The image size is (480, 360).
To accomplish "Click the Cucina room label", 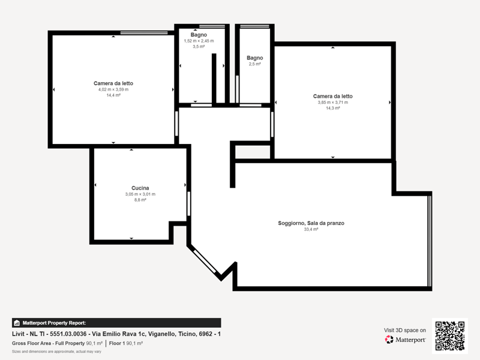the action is pyautogui.click(x=140, y=188).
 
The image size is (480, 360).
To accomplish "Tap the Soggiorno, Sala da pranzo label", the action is pyautogui.click(x=311, y=223).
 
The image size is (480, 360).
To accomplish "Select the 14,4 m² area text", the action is pyautogui.click(x=113, y=95).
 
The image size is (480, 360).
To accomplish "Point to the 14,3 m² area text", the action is pyautogui.click(x=333, y=108).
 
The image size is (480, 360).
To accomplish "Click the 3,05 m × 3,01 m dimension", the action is pyautogui.click(x=140, y=194).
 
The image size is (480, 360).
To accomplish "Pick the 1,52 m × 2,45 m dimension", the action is pyautogui.click(x=199, y=41).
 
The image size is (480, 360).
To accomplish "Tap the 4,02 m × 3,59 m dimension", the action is pyautogui.click(x=113, y=89).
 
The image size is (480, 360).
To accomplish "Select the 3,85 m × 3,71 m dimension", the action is pyautogui.click(x=333, y=102).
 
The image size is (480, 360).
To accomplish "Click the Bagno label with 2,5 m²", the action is pyautogui.click(x=254, y=58).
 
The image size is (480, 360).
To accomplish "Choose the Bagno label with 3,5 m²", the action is pyautogui.click(x=199, y=35).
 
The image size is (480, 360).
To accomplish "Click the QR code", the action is pyautogui.click(x=449, y=336).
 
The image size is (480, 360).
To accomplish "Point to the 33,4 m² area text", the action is pyautogui.click(x=311, y=229).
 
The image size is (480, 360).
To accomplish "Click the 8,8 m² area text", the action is pyautogui.click(x=140, y=200).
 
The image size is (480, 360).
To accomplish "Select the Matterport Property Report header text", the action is pyautogui.click(x=54, y=323).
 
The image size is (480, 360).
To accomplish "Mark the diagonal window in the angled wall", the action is pyautogui.click(x=205, y=261).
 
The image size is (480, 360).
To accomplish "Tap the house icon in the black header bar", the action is pyautogui.click(x=17, y=323).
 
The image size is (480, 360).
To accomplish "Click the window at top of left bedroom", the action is pyautogui.click(x=144, y=33).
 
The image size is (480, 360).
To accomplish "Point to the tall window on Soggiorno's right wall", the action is pyautogui.click(x=430, y=241).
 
